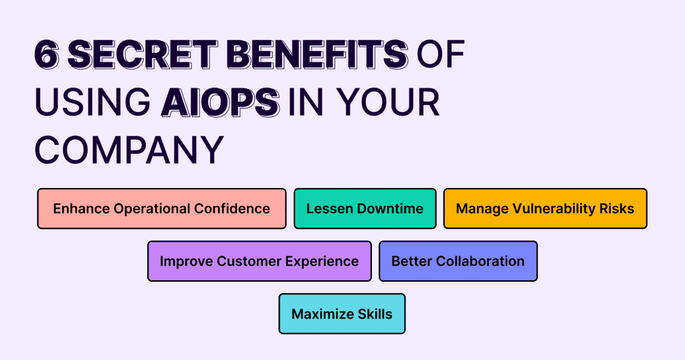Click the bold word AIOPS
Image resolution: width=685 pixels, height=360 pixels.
[220, 103]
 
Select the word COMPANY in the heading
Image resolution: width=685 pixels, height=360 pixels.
[128, 151]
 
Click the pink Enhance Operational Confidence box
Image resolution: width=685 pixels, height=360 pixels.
[161, 209]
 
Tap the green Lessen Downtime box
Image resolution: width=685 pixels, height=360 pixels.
[365, 209]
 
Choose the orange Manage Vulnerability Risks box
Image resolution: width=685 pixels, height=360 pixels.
[545, 209]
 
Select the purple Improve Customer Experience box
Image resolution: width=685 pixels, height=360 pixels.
[259, 261]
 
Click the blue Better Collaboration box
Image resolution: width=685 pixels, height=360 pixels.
[458, 261]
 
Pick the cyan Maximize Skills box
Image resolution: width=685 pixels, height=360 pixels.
[342, 314]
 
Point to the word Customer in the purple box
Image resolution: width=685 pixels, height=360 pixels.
[249, 261]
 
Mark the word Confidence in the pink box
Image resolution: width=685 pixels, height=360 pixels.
[232, 209]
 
